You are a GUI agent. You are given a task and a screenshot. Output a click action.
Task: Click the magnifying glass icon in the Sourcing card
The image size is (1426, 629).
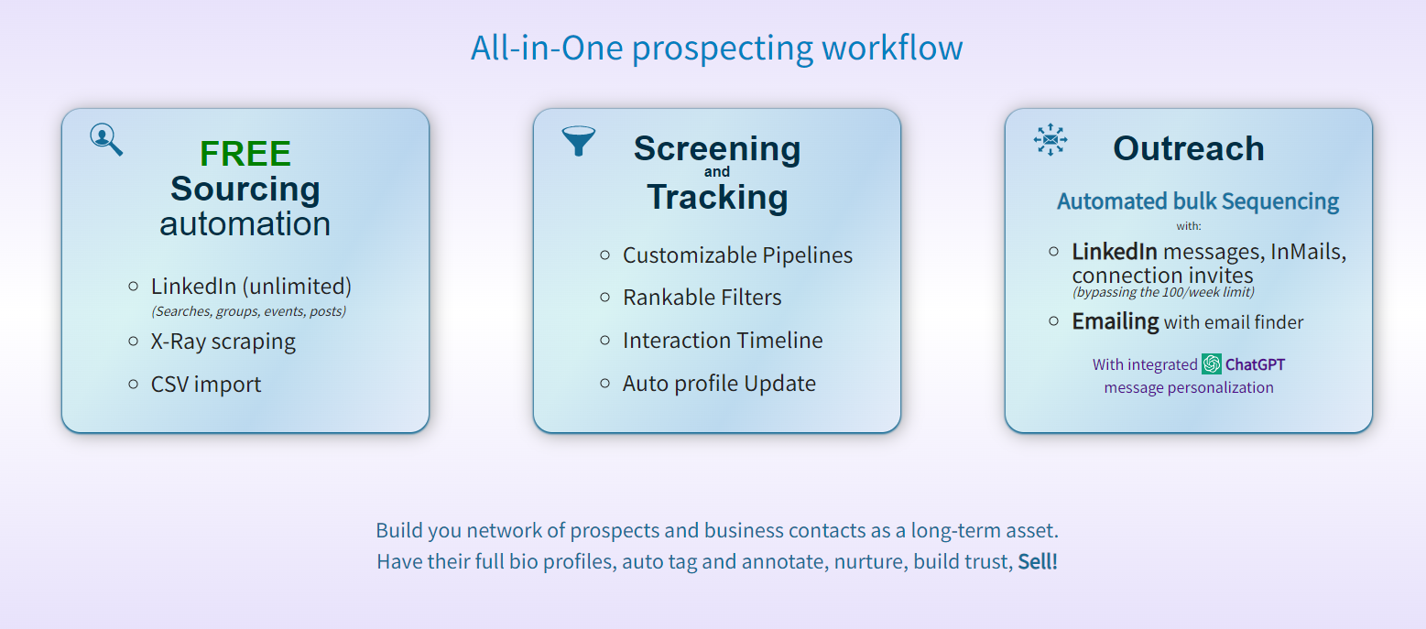point(105,139)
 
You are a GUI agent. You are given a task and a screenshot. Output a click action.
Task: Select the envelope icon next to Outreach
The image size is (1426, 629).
point(1050,139)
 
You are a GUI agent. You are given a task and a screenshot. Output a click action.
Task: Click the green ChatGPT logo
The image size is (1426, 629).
point(1212,364)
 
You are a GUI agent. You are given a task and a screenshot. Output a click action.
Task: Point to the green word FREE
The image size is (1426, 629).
point(245,154)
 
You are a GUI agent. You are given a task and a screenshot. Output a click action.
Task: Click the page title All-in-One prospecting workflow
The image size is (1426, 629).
point(717,48)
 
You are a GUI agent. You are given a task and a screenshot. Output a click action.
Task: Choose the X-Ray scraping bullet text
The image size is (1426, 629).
point(223,342)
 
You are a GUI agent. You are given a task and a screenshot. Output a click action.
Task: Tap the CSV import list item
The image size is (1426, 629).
point(206,384)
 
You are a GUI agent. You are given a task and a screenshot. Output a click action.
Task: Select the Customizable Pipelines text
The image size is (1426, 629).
point(737,255)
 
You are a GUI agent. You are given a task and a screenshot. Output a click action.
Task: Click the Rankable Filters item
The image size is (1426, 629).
point(702,298)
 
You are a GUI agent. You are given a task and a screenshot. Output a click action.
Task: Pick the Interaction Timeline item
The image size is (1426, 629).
point(723,340)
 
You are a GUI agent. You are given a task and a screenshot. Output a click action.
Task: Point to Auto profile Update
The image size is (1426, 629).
point(719,384)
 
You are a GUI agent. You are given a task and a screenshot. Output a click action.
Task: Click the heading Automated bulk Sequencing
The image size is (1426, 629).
point(1197,201)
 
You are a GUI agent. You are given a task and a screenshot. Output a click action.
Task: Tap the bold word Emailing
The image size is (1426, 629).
point(1115,321)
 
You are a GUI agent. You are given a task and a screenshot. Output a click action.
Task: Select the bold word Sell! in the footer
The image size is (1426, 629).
point(1038,561)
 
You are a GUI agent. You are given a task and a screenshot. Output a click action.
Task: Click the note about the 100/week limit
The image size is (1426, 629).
point(1163,292)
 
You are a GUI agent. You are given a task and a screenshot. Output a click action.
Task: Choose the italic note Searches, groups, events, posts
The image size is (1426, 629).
point(248,311)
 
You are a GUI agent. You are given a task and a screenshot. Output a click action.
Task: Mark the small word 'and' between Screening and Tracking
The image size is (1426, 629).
point(717,172)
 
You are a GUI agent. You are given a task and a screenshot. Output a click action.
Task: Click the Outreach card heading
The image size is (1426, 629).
point(1189,148)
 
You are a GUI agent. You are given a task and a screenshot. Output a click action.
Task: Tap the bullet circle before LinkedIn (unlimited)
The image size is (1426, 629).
point(133,287)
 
